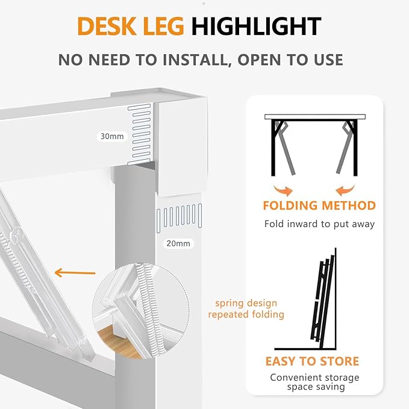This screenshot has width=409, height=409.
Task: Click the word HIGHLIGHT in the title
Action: click(256, 27)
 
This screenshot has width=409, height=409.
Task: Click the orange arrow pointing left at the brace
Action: click(75, 272)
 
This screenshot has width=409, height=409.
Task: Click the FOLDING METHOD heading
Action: click(319, 205)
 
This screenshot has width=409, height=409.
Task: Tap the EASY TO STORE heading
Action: click(312, 361)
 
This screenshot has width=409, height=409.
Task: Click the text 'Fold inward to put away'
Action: click(319, 224)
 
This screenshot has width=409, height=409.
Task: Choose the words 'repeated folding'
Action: click(246, 314)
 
